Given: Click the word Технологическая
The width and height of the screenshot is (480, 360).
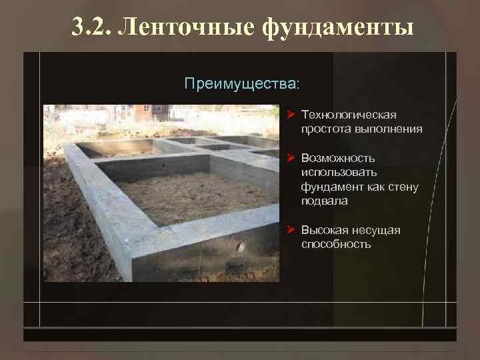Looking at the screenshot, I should [349, 115].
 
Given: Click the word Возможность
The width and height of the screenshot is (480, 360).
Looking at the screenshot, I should [337, 158].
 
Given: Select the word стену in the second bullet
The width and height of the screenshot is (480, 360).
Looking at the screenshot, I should [402, 187].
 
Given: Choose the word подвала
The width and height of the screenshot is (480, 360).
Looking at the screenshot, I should [324, 201].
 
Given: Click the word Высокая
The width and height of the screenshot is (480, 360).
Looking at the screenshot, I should [323, 230].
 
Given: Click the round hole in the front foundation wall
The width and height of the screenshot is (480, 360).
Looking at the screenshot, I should [240, 247].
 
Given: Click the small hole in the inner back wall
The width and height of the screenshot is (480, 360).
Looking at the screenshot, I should [162, 164].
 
